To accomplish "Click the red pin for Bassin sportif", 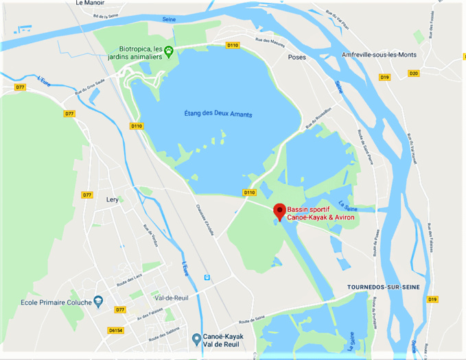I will coord(279,211).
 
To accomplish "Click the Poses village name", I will coord(297,57).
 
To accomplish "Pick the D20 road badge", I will coord(413,73).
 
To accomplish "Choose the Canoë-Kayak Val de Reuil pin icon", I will coord(196,338).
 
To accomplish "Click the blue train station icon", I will coord(206,277).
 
